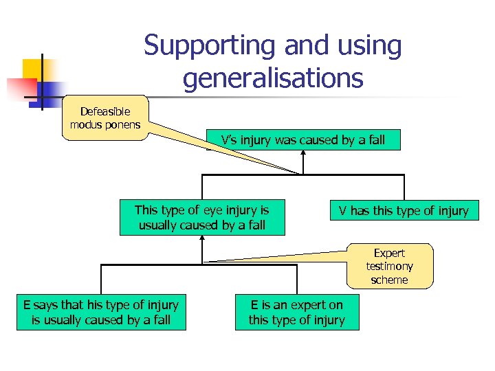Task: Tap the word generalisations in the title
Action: point(272,78)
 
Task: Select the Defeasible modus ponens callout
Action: point(104,117)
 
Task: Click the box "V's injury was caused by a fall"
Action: point(302,141)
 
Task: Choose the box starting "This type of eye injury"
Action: point(201,217)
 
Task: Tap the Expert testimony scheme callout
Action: point(389,266)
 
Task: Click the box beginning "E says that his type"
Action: point(101,313)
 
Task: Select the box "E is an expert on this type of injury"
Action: point(296,313)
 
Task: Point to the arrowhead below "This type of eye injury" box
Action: point(202,238)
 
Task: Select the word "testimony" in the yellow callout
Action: point(389,266)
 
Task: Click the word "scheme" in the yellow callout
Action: point(389,280)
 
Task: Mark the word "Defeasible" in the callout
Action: point(104,111)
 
